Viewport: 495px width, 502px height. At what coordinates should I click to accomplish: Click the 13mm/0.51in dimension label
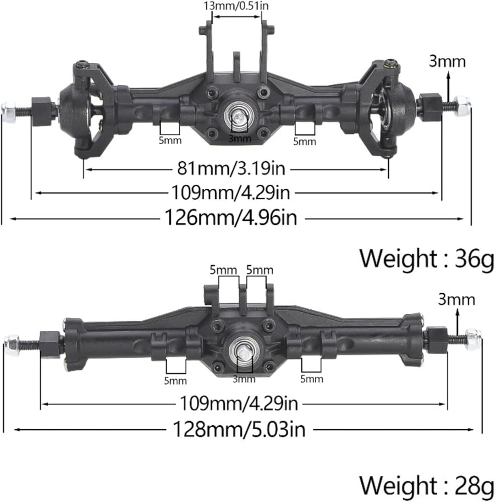point(236,6)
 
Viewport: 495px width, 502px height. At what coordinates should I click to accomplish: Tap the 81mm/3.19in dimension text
point(231,168)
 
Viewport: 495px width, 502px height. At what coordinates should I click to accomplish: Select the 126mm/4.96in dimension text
point(230,218)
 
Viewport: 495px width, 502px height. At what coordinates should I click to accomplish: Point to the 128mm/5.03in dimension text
point(239,429)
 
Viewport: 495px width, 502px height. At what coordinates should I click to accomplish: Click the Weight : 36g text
point(427,259)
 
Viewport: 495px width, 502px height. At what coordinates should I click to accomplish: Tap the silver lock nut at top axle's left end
point(9,109)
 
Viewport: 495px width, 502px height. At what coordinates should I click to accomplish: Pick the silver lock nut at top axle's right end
point(462,105)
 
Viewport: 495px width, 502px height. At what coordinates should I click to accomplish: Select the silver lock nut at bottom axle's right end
point(473,339)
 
